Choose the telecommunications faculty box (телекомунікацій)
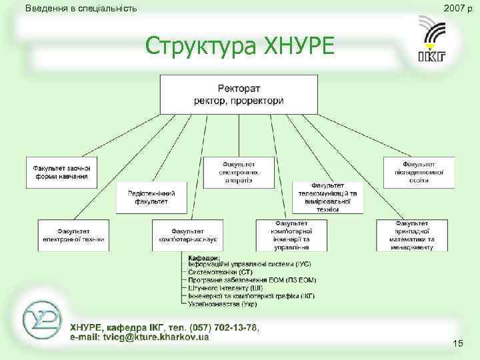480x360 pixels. pyautogui.click(x=328, y=197)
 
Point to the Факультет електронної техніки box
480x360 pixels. pyautogui.click(x=73, y=235)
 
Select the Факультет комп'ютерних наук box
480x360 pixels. pyautogui.click(x=187, y=235)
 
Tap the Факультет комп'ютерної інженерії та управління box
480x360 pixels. pyautogui.click(x=290, y=235)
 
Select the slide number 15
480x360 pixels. pyautogui.click(x=457, y=343)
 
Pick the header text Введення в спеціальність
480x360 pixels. pyautogui.click(x=80, y=9)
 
